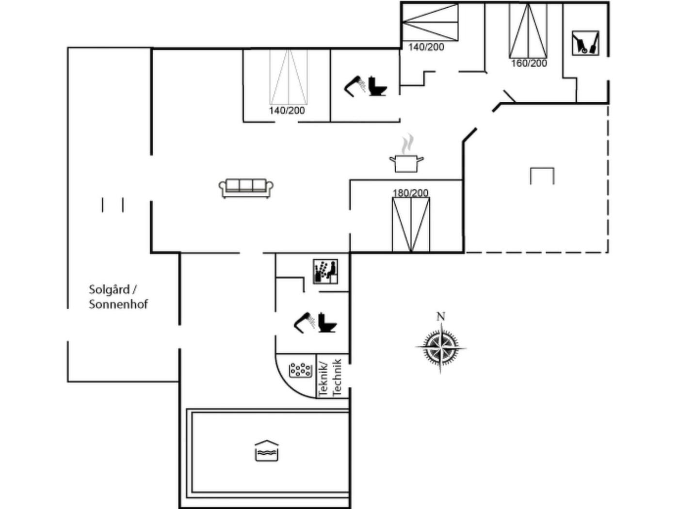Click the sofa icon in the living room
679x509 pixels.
pyautogui.click(x=246, y=188)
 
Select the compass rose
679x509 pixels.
pyautogui.click(x=440, y=348)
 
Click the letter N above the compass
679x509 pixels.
pyautogui.click(x=441, y=317)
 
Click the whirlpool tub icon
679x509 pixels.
pyautogui.click(x=300, y=369)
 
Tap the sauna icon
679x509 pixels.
pyautogui.click(x=325, y=271)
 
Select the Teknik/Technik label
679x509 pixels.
pyautogui.click(x=330, y=377)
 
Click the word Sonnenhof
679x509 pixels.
pyautogui.click(x=118, y=304)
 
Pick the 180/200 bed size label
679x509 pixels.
pyautogui.click(x=410, y=193)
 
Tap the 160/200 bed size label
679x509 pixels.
pyautogui.click(x=529, y=64)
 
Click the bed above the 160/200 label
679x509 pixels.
pyautogui.click(x=528, y=31)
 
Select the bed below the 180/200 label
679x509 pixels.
pyautogui.click(x=411, y=224)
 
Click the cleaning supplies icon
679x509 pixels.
pyautogui.click(x=585, y=43)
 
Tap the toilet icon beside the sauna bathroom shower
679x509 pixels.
pyautogui.click(x=327, y=323)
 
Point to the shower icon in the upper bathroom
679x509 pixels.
pyautogui.click(x=355, y=86)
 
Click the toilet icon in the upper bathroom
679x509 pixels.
pyautogui.click(x=378, y=86)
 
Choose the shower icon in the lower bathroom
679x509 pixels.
pyautogui.click(x=305, y=323)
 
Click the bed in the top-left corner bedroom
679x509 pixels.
pyautogui.click(x=289, y=77)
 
